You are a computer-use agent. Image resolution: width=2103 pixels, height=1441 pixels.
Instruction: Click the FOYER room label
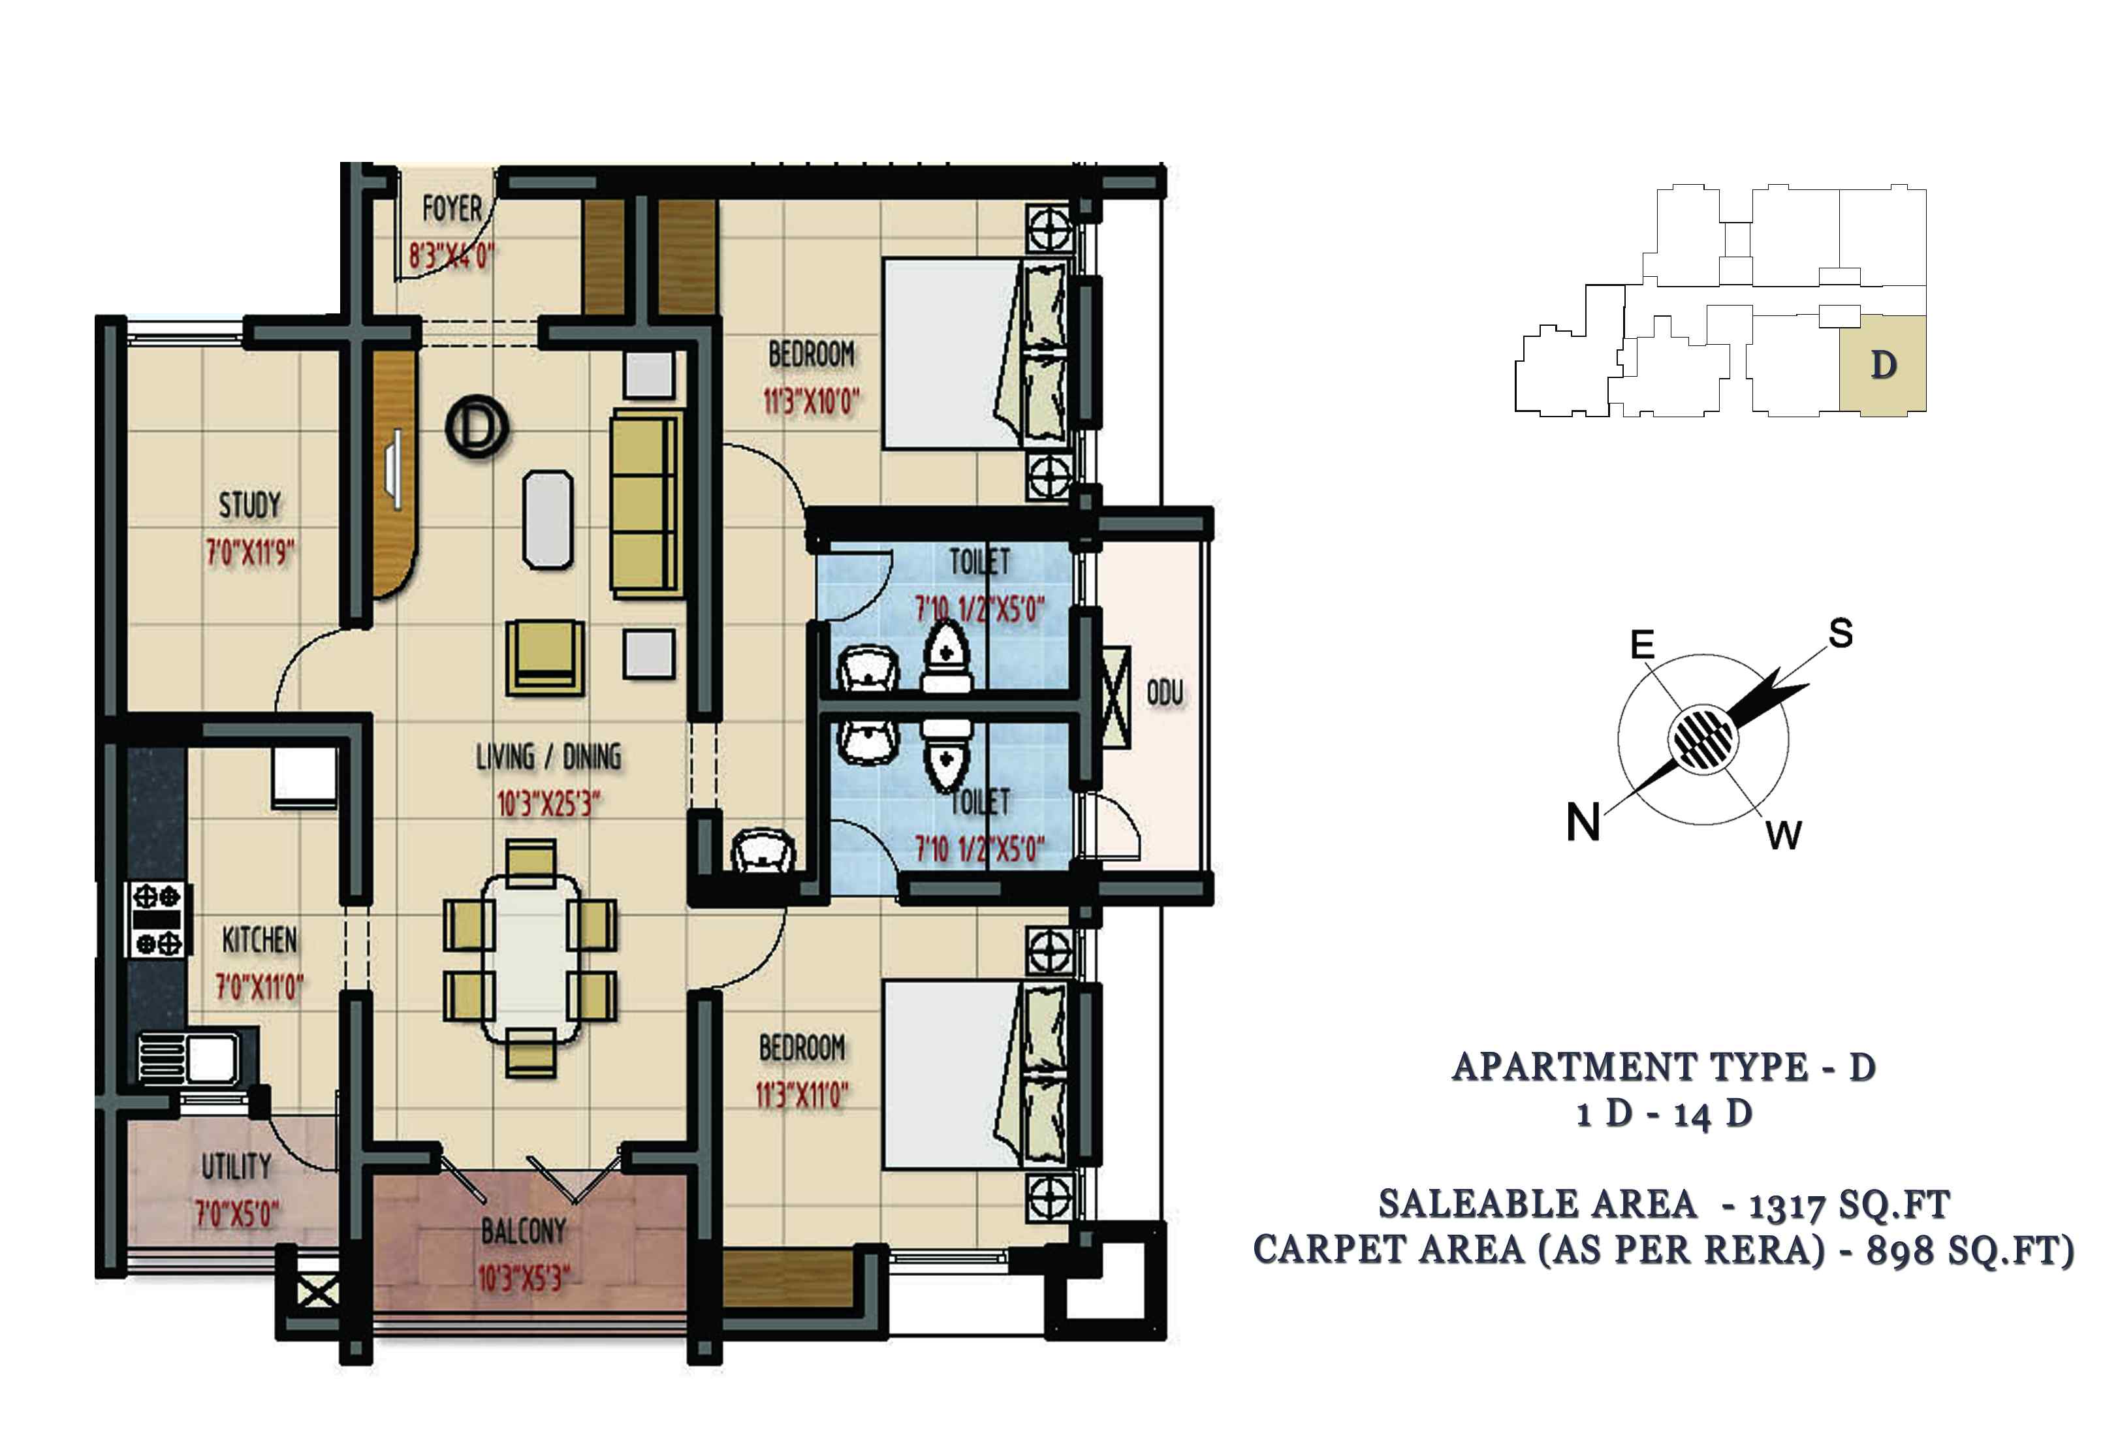click(452, 209)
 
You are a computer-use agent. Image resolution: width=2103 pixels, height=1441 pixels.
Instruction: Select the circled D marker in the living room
click(477, 426)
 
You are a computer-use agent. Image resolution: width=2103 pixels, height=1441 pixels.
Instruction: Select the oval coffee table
click(548, 520)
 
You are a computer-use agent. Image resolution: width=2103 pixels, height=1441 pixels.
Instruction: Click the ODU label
click(1165, 693)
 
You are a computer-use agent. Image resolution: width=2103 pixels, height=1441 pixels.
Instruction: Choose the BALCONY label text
click(523, 1231)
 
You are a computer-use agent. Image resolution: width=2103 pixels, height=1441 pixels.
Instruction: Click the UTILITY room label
click(236, 1167)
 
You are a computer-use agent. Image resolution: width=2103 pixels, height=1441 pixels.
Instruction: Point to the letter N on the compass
click(1583, 822)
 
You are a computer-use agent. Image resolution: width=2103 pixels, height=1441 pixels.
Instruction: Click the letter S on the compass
click(1841, 633)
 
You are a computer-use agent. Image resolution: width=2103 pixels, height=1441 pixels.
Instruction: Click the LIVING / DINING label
click(548, 757)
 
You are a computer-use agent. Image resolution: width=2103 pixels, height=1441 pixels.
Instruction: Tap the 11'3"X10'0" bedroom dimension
click(811, 400)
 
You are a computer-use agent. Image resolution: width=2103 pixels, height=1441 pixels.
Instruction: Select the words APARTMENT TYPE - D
click(1663, 1067)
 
